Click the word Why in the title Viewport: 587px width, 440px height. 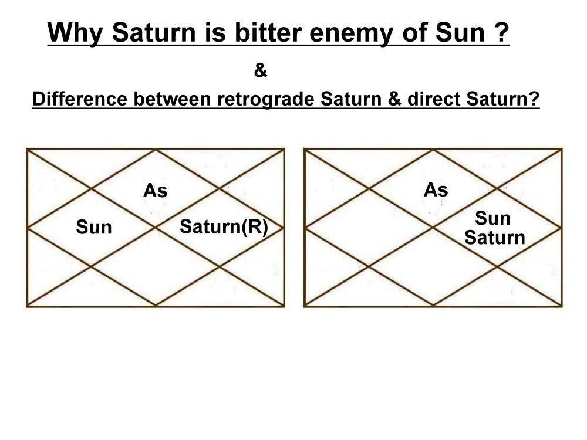point(75,33)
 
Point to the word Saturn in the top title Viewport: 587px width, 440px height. point(154,32)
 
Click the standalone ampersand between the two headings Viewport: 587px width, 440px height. point(261,70)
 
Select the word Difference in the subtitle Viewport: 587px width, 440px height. point(80,99)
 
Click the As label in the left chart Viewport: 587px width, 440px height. point(156,191)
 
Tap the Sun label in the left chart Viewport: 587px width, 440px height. point(94,227)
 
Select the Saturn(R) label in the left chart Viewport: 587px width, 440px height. point(224,227)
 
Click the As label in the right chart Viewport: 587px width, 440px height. point(436,189)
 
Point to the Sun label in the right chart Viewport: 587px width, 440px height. point(492,218)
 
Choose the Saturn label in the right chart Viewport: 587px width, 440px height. point(495,238)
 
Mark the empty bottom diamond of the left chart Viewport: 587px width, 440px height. point(156,266)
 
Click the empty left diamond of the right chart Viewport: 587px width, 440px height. point(369,227)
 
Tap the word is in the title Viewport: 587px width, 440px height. point(215,32)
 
